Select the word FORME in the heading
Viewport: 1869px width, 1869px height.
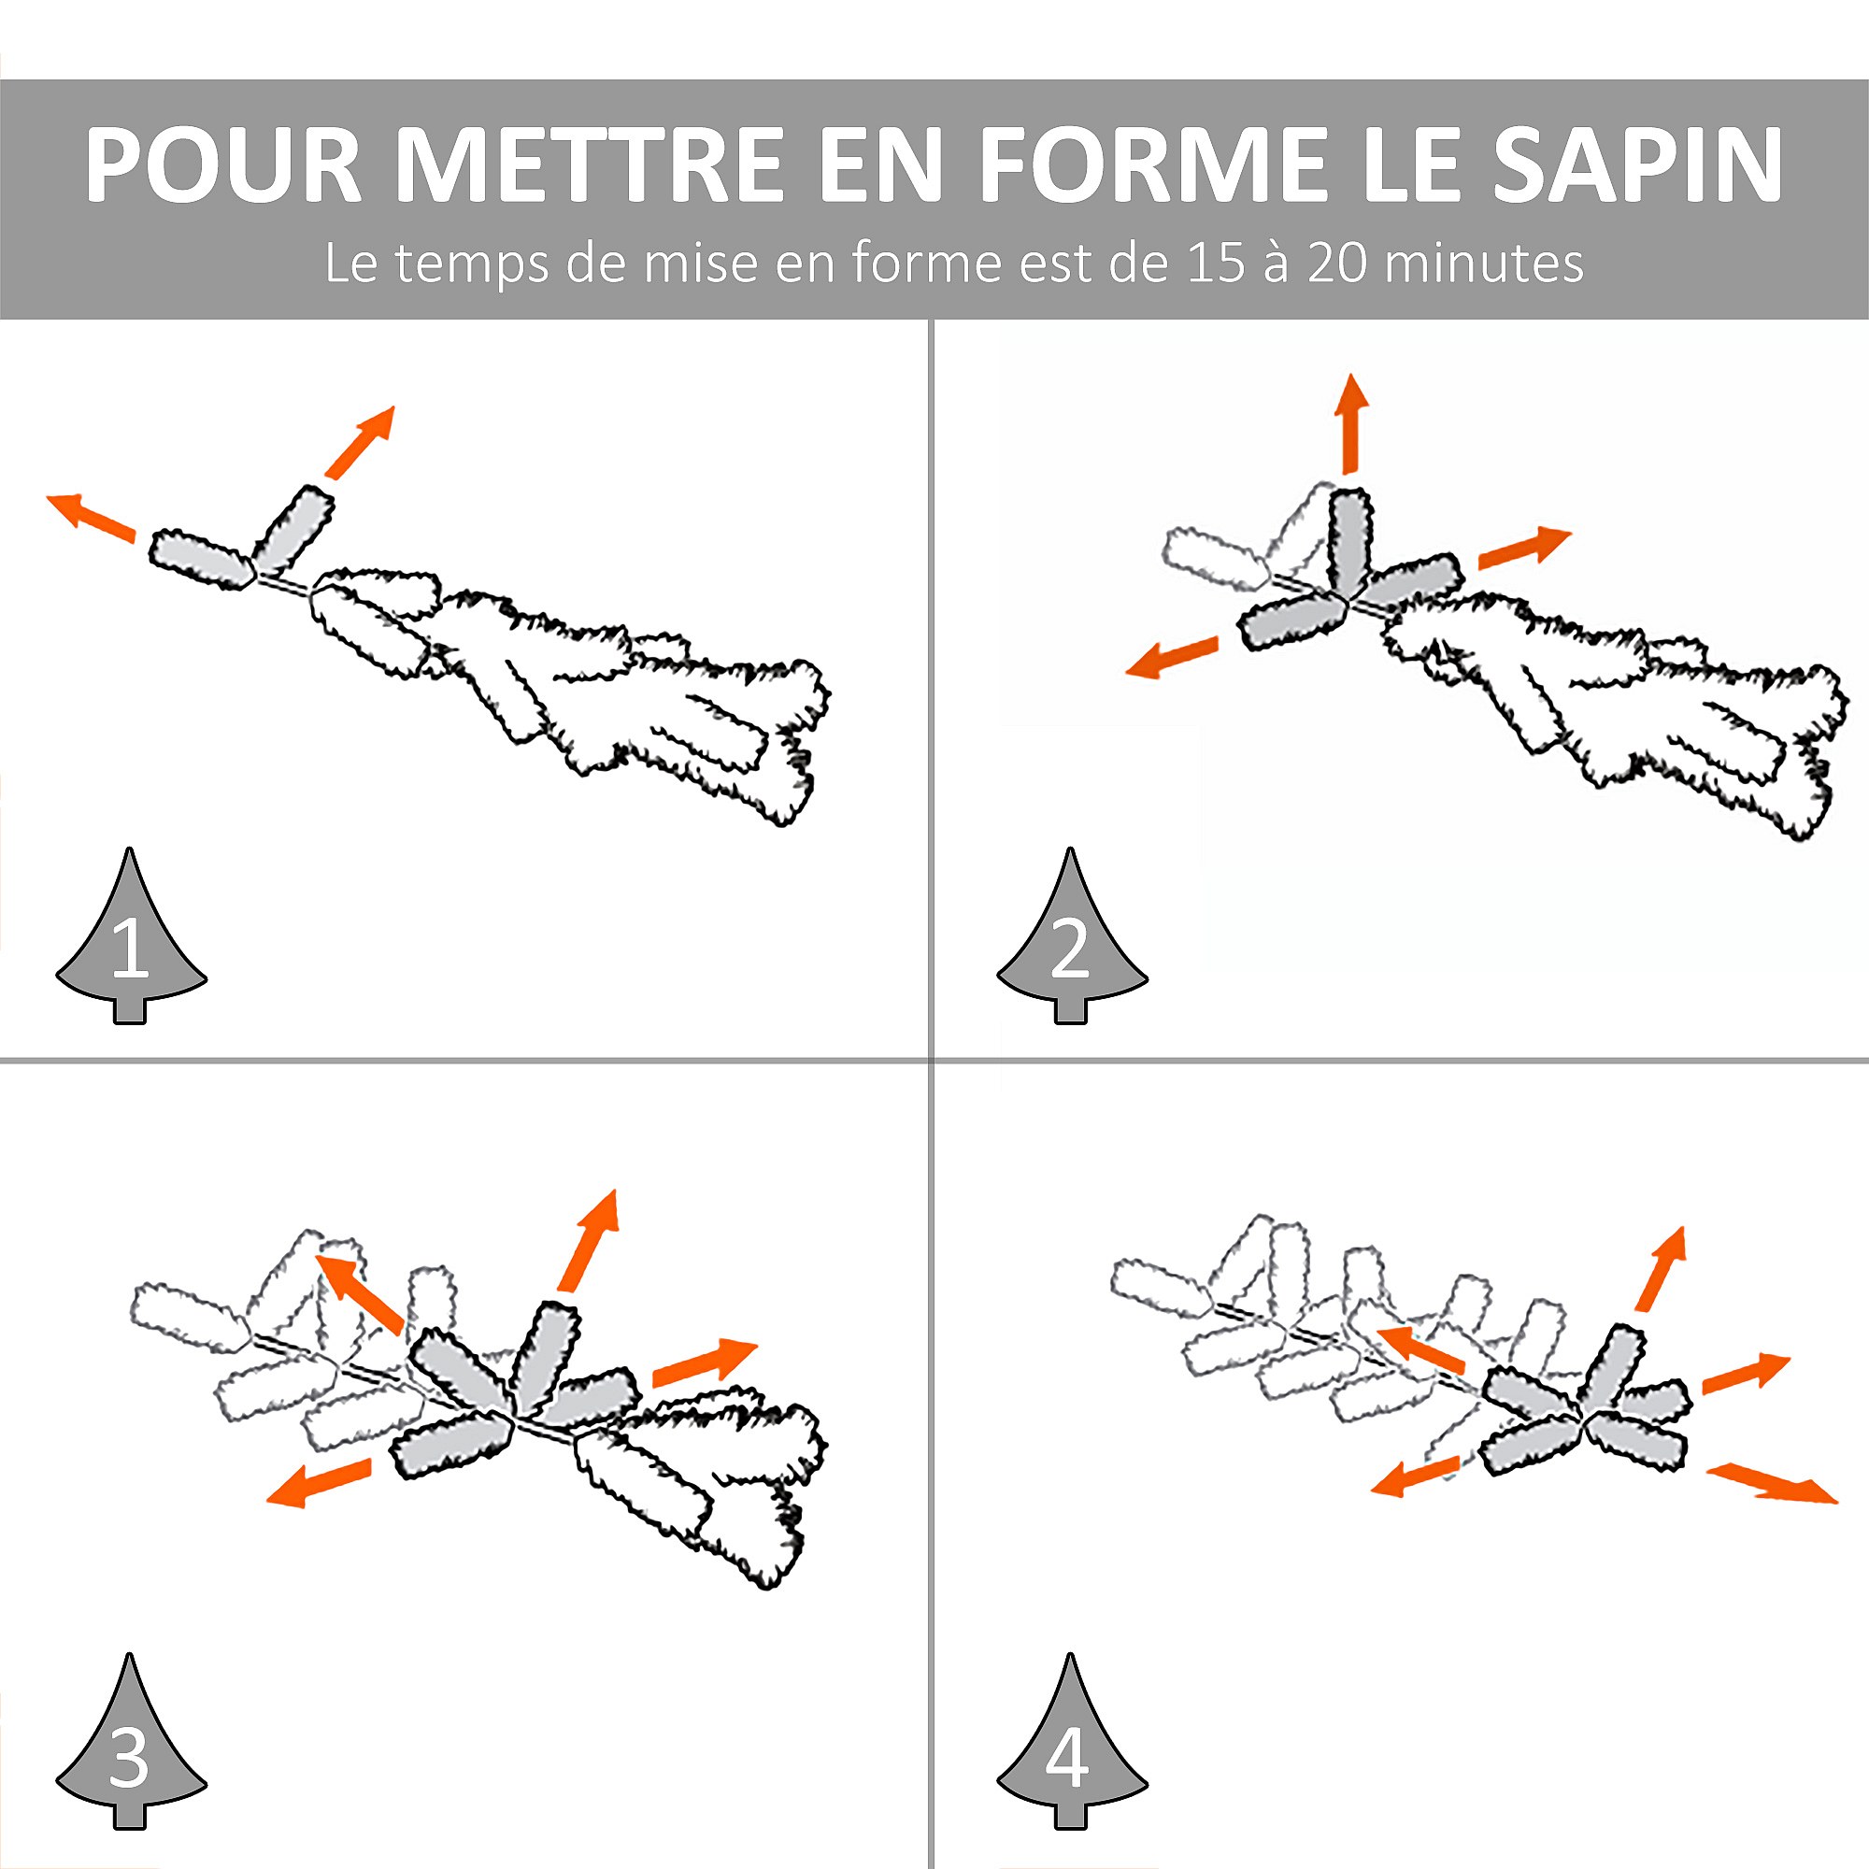click(1152, 164)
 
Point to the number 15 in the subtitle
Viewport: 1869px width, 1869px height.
click(1214, 264)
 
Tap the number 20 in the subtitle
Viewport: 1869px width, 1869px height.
click(1336, 264)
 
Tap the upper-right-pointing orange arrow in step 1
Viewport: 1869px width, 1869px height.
click(360, 442)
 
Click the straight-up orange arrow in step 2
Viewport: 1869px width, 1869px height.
click(1350, 422)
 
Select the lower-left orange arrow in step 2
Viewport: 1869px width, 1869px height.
click(1172, 657)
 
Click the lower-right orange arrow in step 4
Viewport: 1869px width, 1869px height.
click(1770, 1483)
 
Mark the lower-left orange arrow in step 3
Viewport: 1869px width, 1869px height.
click(319, 1482)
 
